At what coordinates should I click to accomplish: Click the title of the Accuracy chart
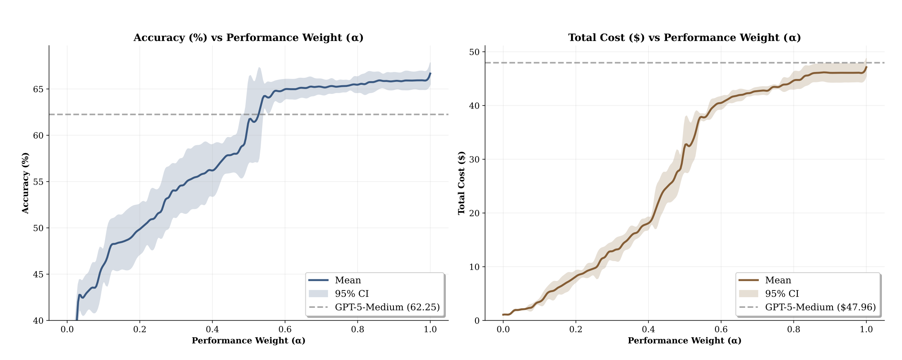(x=248, y=38)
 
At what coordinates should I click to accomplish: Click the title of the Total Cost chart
(x=684, y=38)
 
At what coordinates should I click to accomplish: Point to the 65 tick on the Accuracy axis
(x=38, y=89)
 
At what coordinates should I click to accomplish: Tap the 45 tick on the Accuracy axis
(x=38, y=274)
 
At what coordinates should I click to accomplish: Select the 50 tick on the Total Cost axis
(x=474, y=52)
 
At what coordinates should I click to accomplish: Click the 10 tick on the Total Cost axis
(x=474, y=267)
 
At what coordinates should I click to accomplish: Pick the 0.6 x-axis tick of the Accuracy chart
(x=285, y=329)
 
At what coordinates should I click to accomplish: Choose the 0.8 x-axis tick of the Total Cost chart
(x=794, y=329)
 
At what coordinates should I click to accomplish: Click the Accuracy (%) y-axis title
(x=26, y=183)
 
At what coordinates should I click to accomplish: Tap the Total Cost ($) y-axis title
(x=462, y=183)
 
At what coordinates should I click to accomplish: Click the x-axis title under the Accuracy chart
(x=248, y=341)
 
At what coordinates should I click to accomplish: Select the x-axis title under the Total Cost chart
(x=684, y=341)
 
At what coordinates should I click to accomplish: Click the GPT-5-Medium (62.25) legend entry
(x=387, y=307)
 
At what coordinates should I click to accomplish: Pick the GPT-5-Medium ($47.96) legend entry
(x=820, y=307)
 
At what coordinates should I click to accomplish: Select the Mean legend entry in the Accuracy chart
(x=348, y=281)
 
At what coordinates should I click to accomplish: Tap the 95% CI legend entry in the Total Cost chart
(x=782, y=294)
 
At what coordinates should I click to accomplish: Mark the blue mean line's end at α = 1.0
(x=430, y=73)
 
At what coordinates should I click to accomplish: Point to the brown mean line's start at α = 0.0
(x=503, y=314)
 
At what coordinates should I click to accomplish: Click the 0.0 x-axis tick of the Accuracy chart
(x=67, y=329)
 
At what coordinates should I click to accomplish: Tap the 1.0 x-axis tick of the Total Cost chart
(x=866, y=329)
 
